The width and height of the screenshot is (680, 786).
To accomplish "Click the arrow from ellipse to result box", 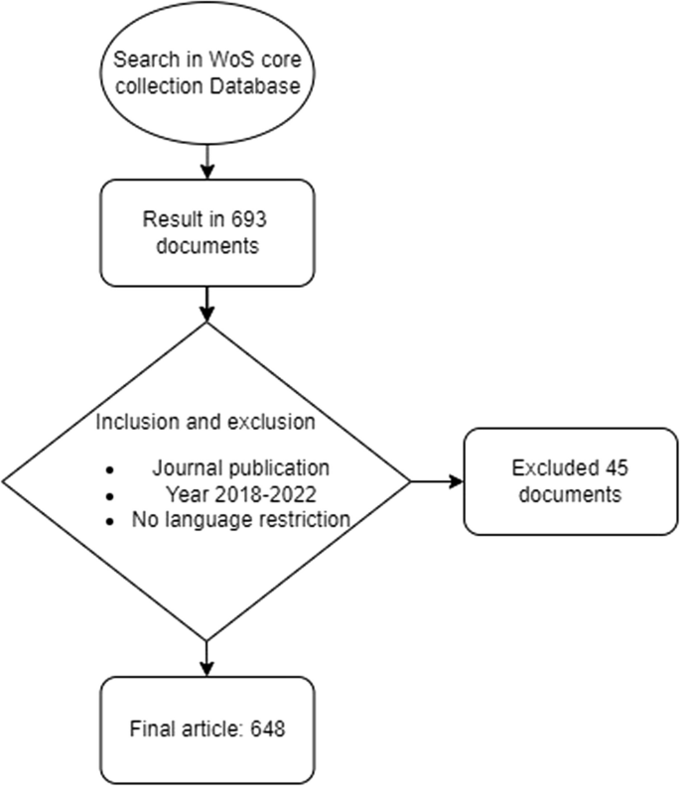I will [x=205, y=160].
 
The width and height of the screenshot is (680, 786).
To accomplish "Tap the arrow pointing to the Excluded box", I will [x=437, y=482].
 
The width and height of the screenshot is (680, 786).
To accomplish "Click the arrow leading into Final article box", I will [x=205, y=657].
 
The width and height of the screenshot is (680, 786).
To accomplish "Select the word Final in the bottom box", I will [x=149, y=729].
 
